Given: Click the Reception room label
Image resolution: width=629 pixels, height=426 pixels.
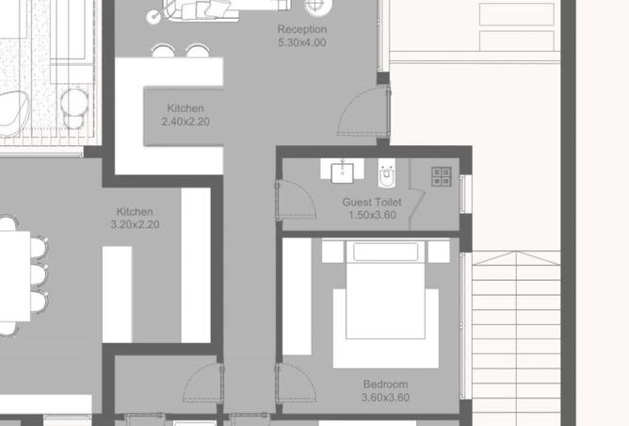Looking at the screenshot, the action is click(302, 29).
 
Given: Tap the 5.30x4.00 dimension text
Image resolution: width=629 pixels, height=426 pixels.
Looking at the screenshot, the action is click(302, 42).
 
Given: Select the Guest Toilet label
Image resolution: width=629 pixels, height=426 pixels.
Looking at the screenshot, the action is click(372, 202).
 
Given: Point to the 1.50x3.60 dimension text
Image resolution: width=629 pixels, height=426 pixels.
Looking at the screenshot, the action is click(373, 215).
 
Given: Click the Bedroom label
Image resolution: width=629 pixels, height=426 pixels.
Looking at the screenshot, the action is click(385, 385).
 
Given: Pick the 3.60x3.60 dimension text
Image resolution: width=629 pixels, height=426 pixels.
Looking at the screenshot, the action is click(385, 398).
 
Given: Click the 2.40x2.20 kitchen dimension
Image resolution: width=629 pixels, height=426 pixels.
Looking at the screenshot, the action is click(185, 122).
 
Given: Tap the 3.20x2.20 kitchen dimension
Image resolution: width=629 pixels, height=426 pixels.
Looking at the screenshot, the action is click(136, 224).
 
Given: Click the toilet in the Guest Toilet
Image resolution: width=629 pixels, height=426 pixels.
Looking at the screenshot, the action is click(387, 173).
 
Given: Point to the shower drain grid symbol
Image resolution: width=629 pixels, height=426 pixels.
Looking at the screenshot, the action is click(442, 177).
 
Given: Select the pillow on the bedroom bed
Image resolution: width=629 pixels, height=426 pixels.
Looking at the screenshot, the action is click(385, 252).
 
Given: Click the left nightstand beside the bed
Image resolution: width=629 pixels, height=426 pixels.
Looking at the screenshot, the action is click(332, 252).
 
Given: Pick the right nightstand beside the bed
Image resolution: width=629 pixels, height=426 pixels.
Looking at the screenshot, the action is click(439, 252).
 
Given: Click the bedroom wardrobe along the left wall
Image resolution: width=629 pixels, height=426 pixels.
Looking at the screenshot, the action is click(298, 297).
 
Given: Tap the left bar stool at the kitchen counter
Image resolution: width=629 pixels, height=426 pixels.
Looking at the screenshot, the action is click(163, 51).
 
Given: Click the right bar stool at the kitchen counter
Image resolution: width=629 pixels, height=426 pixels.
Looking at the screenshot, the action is click(198, 51).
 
